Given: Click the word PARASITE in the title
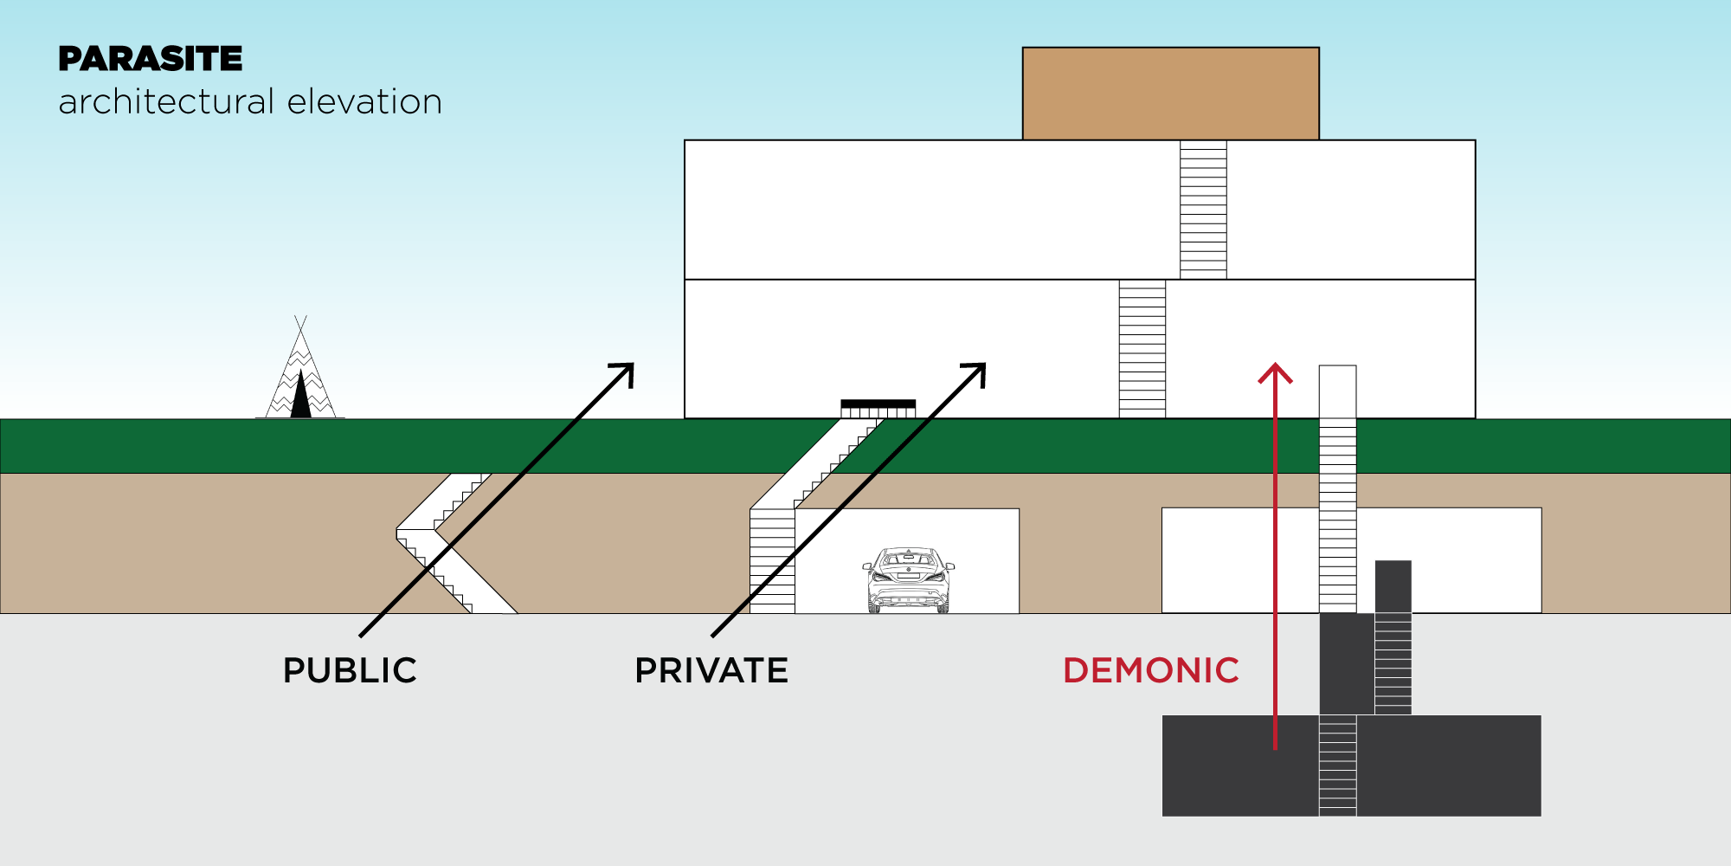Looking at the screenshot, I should pos(151,59).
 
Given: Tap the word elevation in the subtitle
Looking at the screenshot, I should pos(364,102).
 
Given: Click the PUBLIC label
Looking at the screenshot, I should pos(350,670).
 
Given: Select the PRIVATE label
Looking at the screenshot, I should pos(711,670).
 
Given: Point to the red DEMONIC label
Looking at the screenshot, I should pos(1151,670).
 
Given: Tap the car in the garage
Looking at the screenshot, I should pos(908,579).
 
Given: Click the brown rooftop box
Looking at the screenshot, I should pos(1170,94).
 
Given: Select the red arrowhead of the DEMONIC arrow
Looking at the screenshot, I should pos(1275,373).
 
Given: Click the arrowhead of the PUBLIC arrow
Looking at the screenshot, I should pos(626,372).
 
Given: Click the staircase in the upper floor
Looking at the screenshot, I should pos(1203,210).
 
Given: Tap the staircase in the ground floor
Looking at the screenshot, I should pos(1142,348).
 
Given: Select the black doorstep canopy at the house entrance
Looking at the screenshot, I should pos(878,404).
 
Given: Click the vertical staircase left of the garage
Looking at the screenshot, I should pos(772,560).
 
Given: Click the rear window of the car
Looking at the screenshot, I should pos(908,559).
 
